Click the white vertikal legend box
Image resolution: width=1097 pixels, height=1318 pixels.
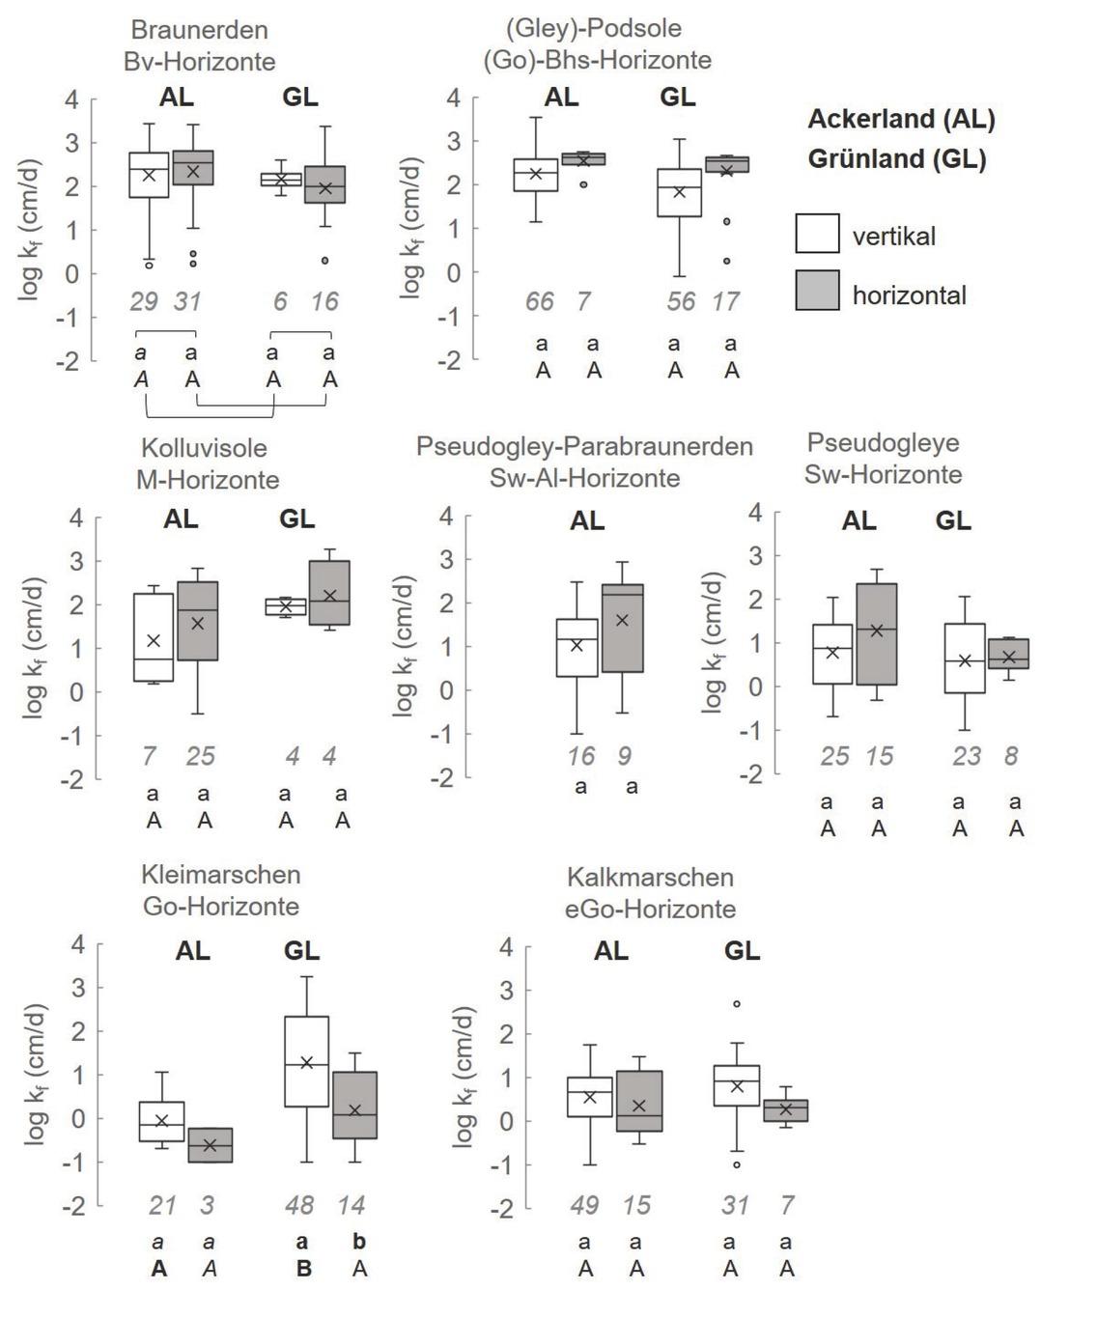pyautogui.click(x=817, y=234)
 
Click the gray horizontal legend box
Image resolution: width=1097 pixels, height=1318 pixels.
pyautogui.click(x=817, y=291)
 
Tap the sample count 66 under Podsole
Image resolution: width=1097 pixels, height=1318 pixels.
pyautogui.click(x=540, y=301)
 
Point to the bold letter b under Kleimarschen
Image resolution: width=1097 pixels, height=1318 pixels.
pyautogui.click(x=359, y=1242)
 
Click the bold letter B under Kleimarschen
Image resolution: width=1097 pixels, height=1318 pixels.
pyautogui.click(x=303, y=1269)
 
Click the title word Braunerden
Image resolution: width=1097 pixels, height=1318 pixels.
pyautogui.click(x=199, y=30)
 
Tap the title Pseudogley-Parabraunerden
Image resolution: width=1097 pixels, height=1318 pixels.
pyautogui.click(x=584, y=446)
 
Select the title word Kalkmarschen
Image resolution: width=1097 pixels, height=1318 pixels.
pyautogui.click(x=650, y=878)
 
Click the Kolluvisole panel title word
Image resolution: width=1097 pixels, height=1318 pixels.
pyautogui.click(x=204, y=448)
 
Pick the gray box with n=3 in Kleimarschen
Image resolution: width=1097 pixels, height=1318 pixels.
pyautogui.click(x=210, y=1145)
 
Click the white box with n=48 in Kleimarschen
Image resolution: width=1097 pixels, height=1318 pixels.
pyautogui.click(x=306, y=1061)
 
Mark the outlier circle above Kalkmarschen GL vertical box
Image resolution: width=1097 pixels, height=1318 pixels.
pyautogui.click(x=737, y=1004)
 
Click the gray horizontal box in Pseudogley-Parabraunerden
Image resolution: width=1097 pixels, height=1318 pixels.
pyautogui.click(x=623, y=628)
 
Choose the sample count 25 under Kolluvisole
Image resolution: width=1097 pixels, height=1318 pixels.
pyautogui.click(x=200, y=755)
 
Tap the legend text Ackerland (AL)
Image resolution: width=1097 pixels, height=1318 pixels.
pyautogui.click(x=901, y=119)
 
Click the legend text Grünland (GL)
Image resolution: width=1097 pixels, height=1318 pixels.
pyautogui.click(x=897, y=159)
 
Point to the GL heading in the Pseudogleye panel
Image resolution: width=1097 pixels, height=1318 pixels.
pyautogui.click(x=953, y=520)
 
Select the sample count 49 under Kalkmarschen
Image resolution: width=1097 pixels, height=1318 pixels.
pyautogui.click(x=584, y=1205)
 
